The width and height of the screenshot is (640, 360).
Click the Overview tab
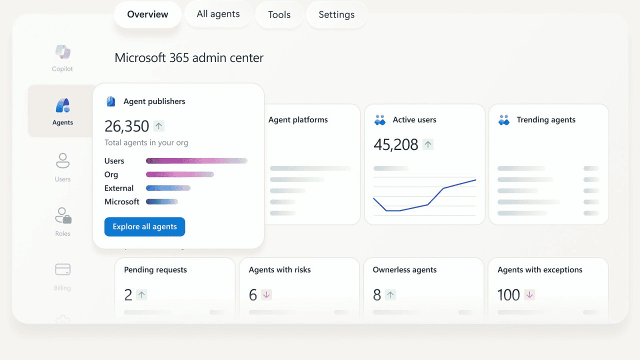(x=147, y=14)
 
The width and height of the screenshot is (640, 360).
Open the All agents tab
(x=218, y=14)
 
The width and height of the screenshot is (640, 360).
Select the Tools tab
(x=279, y=15)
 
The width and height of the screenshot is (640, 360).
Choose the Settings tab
(x=336, y=15)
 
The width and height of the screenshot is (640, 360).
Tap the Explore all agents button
(x=144, y=226)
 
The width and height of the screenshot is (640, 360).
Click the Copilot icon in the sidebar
(x=62, y=52)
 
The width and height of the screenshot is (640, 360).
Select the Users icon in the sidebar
(x=62, y=161)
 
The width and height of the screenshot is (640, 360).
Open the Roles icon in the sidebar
(x=63, y=215)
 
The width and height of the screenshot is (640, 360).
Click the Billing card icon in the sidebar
(x=62, y=270)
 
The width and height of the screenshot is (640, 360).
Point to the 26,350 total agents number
(x=127, y=126)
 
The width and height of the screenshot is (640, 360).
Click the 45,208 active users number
(x=395, y=144)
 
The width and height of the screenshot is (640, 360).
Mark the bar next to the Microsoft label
(x=161, y=202)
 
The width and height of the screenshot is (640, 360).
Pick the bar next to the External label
(x=168, y=188)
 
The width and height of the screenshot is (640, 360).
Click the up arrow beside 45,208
(x=428, y=144)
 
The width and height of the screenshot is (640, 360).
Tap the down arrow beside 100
(x=529, y=295)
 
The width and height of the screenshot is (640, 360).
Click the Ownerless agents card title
(x=404, y=270)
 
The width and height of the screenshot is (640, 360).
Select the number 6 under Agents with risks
(x=253, y=295)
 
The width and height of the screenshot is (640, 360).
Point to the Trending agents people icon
(x=504, y=120)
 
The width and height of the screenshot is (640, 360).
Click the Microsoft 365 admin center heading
(x=189, y=58)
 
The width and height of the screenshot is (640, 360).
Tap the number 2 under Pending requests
(x=128, y=295)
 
